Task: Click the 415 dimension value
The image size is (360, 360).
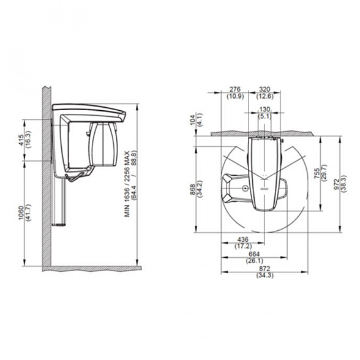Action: pyautogui.click(x=21, y=140)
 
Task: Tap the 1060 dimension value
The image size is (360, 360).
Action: pyautogui.click(x=21, y=213)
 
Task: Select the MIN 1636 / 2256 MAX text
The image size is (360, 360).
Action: pyautogui.click(x=127, y=184)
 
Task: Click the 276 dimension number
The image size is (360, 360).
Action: pyautogui.click(x=235, y=89)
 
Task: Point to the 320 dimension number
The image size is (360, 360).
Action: pyautogui.click(x=264, y=89)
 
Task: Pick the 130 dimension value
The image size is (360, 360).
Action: pyautogui.click(x=264, y=110)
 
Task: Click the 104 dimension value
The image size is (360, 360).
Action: pyautogui.click(x=193, y=120)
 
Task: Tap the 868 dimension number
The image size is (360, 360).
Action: pyautogui.click(x=193, y=189)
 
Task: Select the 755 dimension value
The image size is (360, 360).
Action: pyautogui.click(x=317, y=173)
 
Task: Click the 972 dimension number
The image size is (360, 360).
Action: pyautogui.click(x=337, y=184)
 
